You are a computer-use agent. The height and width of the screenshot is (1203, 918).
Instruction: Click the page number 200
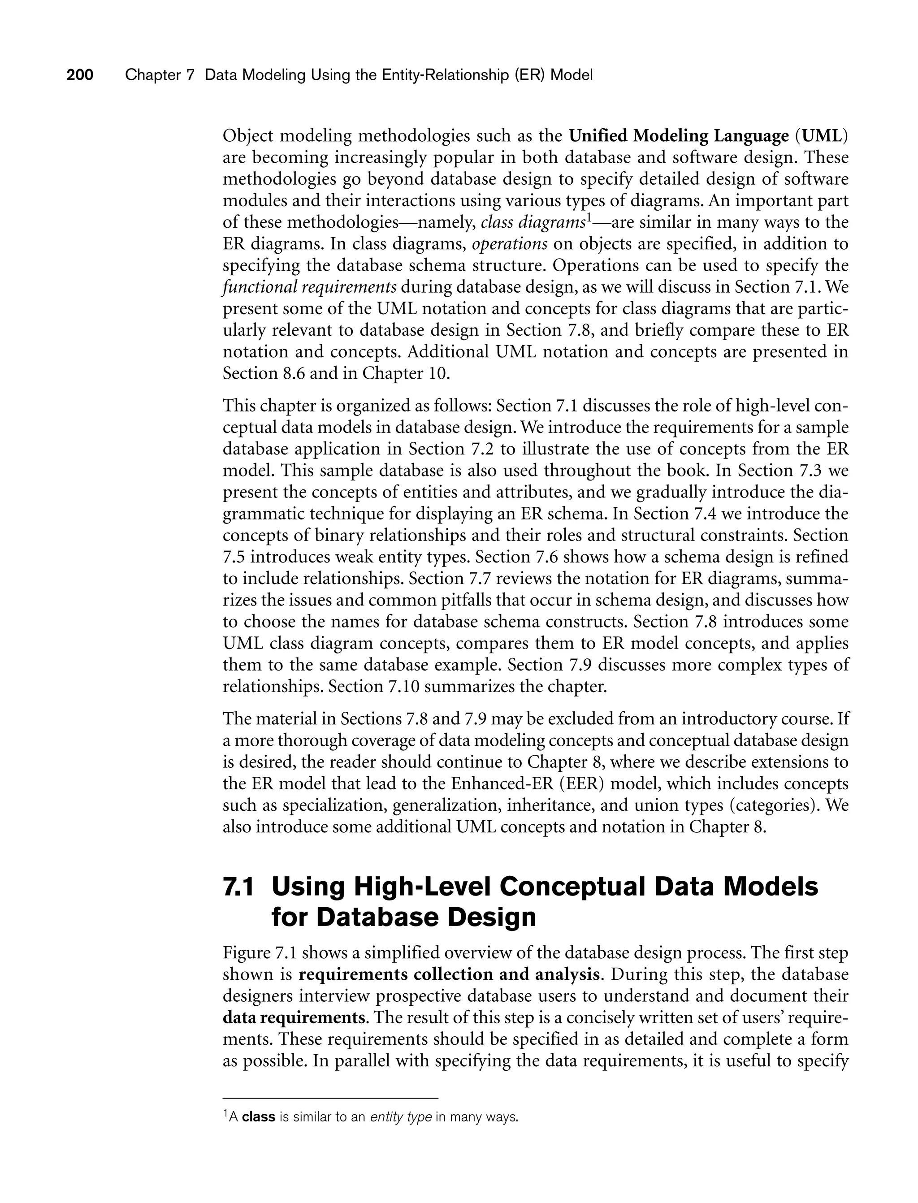[80, 75]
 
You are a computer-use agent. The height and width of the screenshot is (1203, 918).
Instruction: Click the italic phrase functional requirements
[309, 287]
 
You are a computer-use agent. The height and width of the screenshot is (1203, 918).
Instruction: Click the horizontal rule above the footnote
[331, 1098]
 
